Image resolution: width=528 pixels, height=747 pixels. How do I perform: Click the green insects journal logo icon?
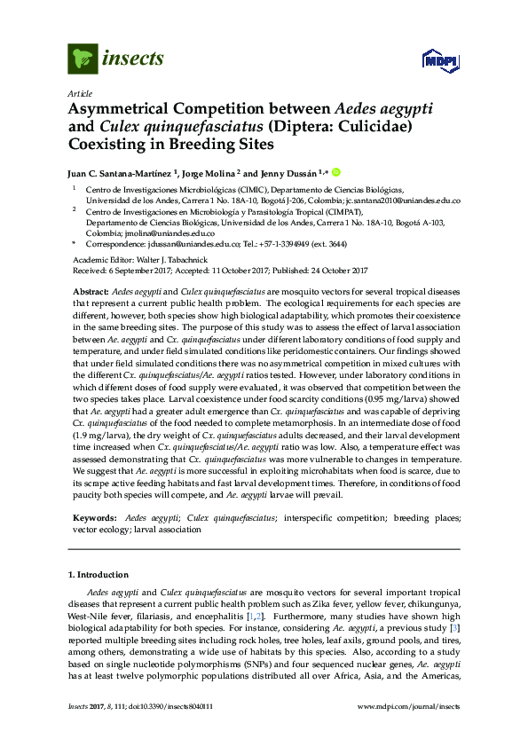click(x=83, y=59)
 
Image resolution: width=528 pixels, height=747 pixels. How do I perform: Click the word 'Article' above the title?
click(x=79, y=93)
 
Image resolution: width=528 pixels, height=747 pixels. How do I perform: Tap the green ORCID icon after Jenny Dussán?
click(x=336, y=172)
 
